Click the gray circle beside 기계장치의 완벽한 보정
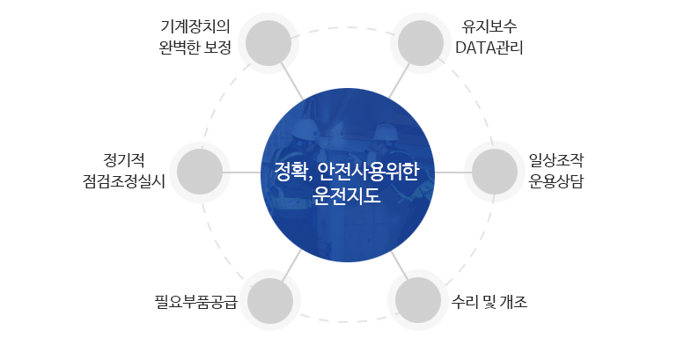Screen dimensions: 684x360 coord(268,43)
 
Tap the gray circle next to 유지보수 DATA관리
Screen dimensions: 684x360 coord(421,43)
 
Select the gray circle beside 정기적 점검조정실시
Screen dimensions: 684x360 coord(200,172)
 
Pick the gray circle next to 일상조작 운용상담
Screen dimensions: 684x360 coord(495,172)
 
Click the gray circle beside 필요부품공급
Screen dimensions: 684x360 coord(270,301)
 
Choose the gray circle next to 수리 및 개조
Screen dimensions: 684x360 coord(418,300)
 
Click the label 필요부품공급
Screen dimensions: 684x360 coord(195,302)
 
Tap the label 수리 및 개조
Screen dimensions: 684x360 coord(489,302)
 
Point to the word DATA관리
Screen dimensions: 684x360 coord(489,48)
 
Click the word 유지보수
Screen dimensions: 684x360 coord(489,26)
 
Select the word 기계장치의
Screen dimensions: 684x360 coord(195,26)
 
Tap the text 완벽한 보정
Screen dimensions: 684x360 coord(195,48)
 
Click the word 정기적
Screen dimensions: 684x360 coord(124,160)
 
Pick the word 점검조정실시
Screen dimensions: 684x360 coord(124,181)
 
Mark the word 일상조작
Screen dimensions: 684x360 coord(556,160)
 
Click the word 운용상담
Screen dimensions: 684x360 coord(556,181)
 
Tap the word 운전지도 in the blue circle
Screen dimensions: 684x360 coord(347,195)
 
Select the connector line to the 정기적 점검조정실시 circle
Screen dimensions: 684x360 coord(242,172)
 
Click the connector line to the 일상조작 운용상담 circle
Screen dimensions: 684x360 coord(453,172)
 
